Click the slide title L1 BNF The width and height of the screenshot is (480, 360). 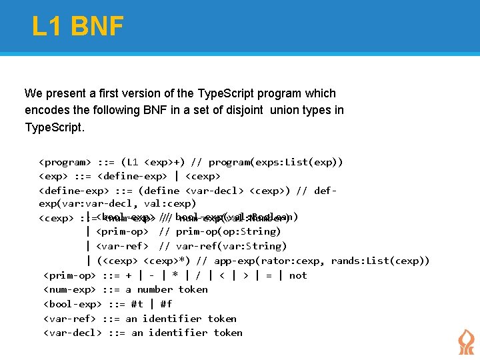click(77, 27)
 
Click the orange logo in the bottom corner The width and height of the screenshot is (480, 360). click(466, 341)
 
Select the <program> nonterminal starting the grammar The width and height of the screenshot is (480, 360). click(65, 162)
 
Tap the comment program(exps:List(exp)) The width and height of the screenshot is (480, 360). click(276, 162)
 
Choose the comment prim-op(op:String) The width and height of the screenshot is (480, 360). click(228, 231)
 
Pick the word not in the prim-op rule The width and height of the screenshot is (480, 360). click(298, 275)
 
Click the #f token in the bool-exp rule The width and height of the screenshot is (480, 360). click(166, 304)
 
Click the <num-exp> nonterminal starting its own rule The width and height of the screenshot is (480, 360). click(69, 289)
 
